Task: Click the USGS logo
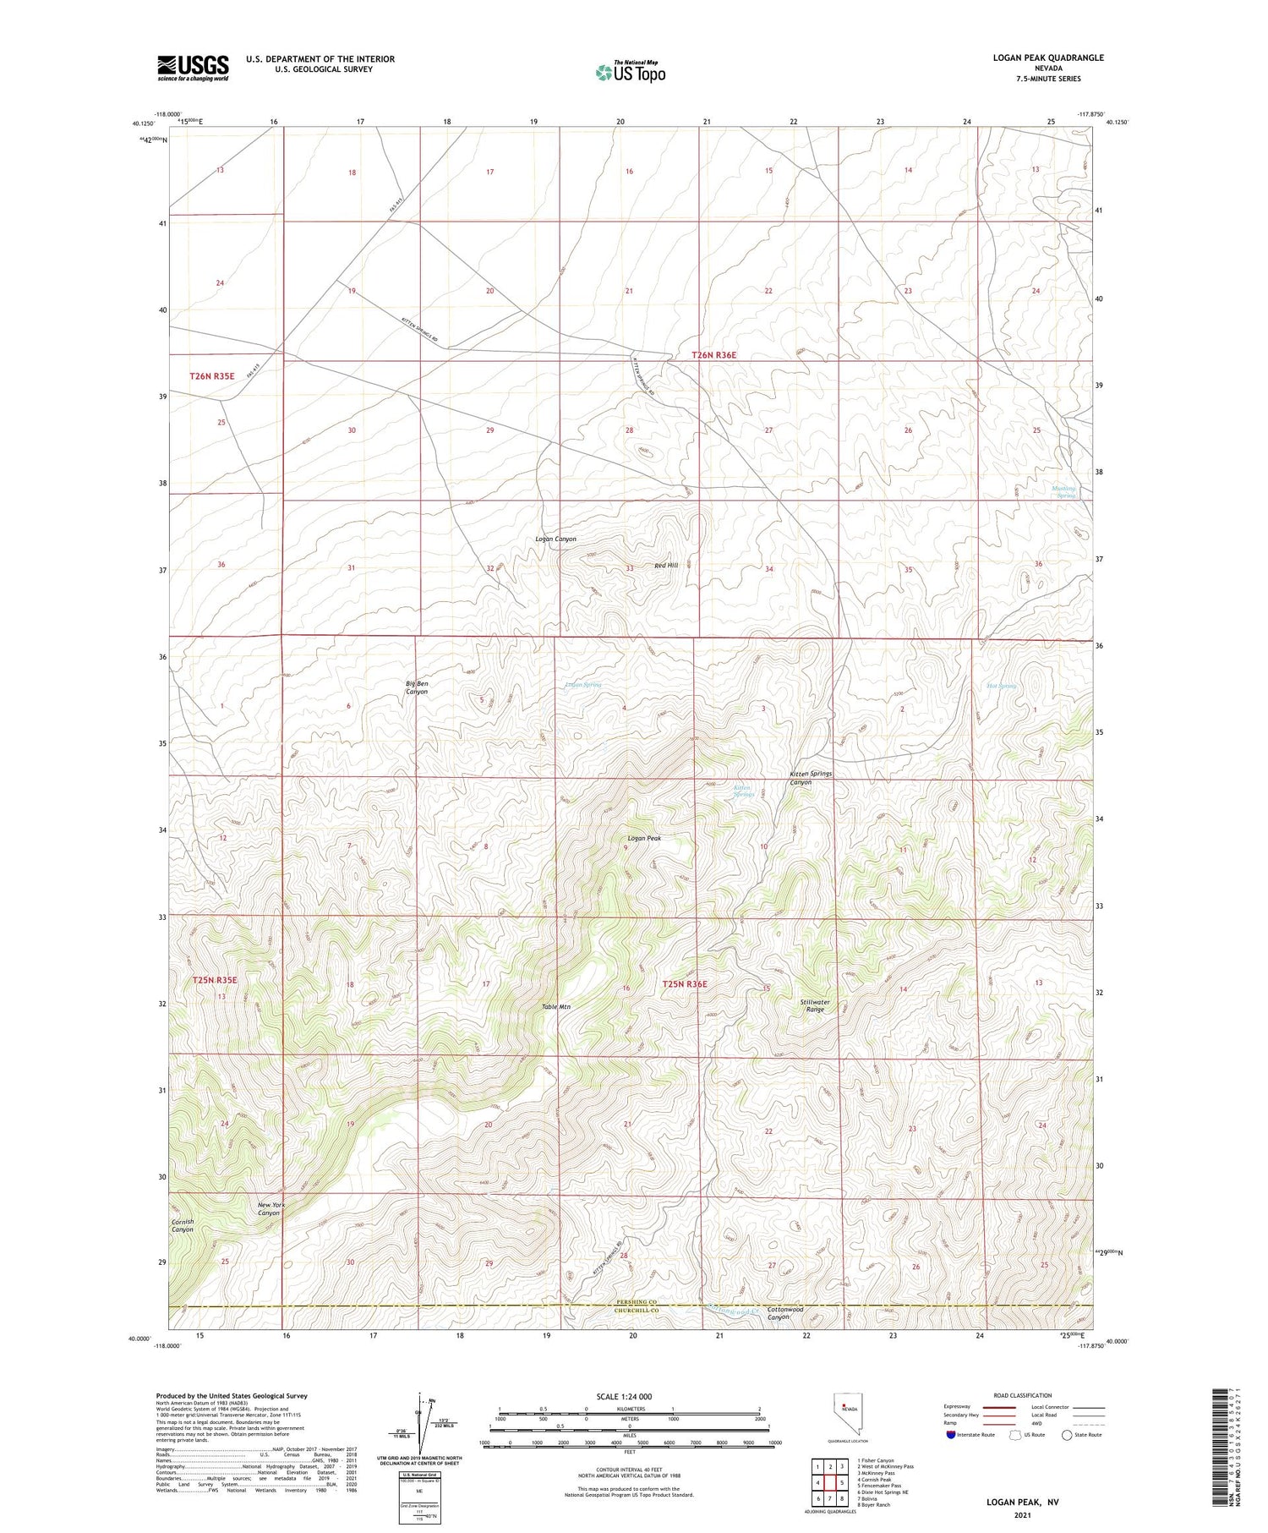click(x=193, y=68)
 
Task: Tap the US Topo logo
click(x=630, y=72)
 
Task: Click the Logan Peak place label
click(x=643, y=838)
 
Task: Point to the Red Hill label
click(x=666, y=565)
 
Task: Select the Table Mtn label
click(x=556, y=1007)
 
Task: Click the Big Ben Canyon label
click(x=417, y=687)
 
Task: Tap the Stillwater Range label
click(x=815, y=1005)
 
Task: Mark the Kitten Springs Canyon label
click(x=811, y=778)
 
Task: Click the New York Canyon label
click(x=269, y=1208)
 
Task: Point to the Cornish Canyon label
click(x=183, y=1225)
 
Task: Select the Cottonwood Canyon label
click(x=784, y=1313)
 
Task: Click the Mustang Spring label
click(x=1063, y=491)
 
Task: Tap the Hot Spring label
click(x=1002, y=686)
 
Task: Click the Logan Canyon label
click(x=555, y=539)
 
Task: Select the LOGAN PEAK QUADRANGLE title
click(x=1048, y=57)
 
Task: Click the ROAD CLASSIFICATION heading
click(x=1023, y=1395)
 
